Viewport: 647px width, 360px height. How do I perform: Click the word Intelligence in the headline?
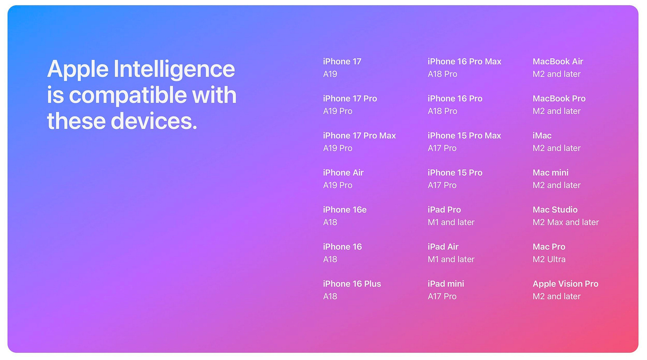tap(174, 69)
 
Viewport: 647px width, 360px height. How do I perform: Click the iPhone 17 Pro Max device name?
tap(359, 136)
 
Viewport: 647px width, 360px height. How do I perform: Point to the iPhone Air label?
tap(343, 172)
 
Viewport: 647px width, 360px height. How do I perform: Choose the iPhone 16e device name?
tap(344, 210)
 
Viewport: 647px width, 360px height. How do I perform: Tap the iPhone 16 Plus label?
tap(352, 284)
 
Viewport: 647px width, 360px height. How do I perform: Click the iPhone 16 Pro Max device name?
tap(464, 61)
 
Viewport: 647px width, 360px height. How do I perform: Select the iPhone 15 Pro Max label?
tap(464, 136)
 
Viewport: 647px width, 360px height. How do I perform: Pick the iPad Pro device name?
tap(444, 210)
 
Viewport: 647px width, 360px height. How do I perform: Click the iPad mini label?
tap(446, 284)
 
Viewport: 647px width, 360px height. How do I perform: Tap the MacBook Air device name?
tap(558, 61)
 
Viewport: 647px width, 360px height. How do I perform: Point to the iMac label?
tap(542, 136)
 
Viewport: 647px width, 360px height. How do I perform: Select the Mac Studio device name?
tap(555, 210)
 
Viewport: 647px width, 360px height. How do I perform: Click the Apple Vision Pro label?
tap(565, 284)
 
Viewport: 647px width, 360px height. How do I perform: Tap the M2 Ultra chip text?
tap(549, 259)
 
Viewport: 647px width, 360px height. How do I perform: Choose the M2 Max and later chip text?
tap(566, 222)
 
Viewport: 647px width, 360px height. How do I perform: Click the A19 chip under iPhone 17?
tap(330, 74)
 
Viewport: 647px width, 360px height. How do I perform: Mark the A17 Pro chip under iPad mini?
tap(442, 296)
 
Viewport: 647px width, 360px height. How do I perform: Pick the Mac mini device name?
tap(551, 172)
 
